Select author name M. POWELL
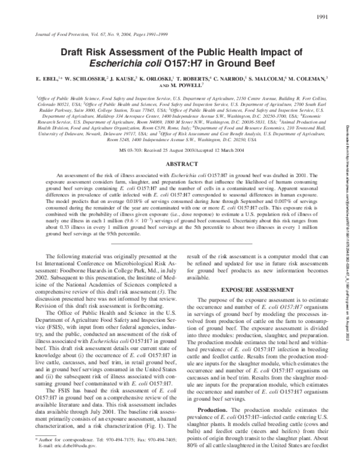189,85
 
